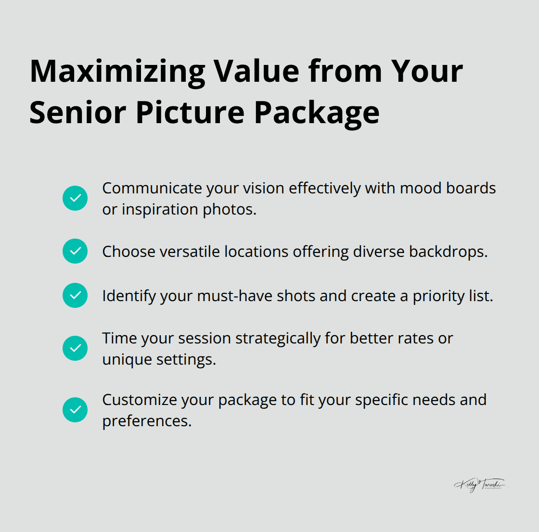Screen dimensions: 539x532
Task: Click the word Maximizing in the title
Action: [117, 72]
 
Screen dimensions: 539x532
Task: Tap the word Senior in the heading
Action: [78, 113]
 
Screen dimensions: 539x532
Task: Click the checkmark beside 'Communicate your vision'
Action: [75, 198]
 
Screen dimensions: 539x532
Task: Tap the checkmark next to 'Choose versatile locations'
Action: [75, 251]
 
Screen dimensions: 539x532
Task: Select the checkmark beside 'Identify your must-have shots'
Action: [75, 295]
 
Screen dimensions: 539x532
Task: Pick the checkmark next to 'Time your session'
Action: [75, 348]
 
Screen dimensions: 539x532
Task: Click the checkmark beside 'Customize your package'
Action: [75, 410]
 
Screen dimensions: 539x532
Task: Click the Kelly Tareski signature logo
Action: [480, 484]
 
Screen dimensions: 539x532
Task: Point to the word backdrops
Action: [448, 252]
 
